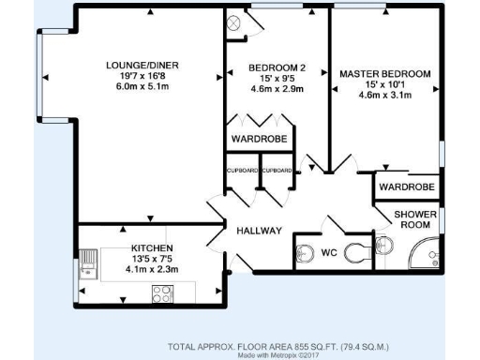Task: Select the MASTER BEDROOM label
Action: [384, 73]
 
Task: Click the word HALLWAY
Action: [259, 231]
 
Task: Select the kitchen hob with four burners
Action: [161, 292]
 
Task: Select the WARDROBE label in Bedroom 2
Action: [259, 140]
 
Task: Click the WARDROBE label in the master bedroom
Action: [406, 187]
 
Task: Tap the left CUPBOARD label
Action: [242, 171]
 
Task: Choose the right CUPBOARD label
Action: [276, 171]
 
